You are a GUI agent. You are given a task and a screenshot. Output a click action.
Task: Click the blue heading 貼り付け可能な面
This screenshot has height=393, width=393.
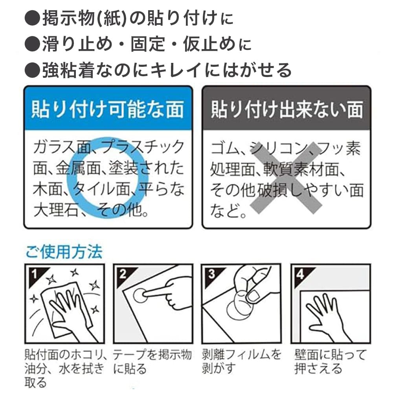click(x=108, y=110)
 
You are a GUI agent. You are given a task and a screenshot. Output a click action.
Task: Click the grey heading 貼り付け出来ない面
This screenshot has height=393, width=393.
click(x=287, y=110)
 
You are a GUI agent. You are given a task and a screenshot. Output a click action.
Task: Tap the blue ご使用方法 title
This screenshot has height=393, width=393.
click(x=64, y=252)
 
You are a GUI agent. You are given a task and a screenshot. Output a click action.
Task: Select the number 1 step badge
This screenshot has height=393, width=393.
click(x=35, y=274)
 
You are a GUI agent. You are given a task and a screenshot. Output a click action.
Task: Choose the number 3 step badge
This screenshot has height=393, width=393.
click(x=212, y=274)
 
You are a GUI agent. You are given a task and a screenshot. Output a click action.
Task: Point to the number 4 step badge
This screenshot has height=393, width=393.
click(x=300, y=274)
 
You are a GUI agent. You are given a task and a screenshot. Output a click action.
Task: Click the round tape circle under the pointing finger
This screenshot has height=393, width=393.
click(x=141, y=296)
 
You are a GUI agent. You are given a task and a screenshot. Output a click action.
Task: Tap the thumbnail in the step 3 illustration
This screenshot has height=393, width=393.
click(x=253, y=296)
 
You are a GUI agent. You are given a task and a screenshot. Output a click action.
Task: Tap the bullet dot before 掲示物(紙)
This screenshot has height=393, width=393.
click(x=32, y=18)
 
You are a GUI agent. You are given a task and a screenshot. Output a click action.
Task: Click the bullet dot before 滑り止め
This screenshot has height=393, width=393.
click(x=32, y=44)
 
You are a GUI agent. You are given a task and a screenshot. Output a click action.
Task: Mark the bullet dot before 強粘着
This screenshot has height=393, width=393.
click(x=32, y=70)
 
